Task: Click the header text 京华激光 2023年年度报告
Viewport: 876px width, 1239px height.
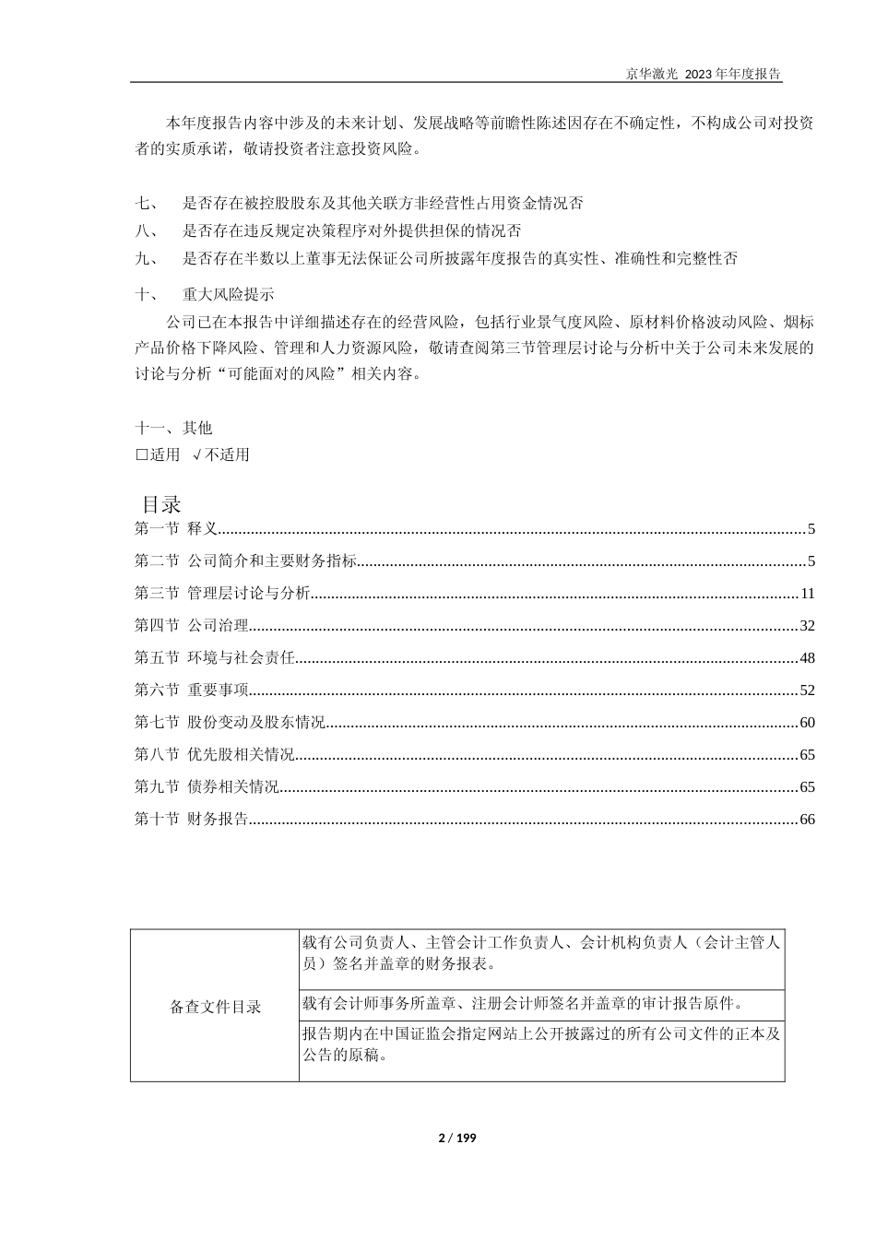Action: click(704, 75)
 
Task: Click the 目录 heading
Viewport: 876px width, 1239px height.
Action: click(161, 504)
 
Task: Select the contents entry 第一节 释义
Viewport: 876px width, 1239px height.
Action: click(176, 529)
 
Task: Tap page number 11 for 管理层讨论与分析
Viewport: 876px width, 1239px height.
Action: click(808, 594)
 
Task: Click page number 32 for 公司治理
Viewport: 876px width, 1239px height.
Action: click(807, 626)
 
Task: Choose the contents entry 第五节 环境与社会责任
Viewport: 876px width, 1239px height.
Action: click(215, 658)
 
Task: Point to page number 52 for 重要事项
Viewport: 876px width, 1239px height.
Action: click(807, 690)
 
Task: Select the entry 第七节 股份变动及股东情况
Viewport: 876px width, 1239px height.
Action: click(230, 723)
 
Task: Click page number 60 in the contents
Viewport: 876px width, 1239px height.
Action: click(807, 723)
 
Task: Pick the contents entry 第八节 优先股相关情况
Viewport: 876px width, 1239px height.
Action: click(215, 755)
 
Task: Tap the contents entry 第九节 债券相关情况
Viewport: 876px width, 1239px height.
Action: click(207, 787)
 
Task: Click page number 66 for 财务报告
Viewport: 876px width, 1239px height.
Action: click(807, 820)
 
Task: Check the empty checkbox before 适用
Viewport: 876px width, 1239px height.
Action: click(141, 454)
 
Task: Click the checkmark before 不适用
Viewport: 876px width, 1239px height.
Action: click(197, 454)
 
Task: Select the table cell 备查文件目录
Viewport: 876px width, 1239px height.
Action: click(216, 1007)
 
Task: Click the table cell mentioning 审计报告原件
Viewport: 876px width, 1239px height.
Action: click(522, 1003)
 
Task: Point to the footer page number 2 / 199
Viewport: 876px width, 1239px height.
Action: click(456, 1138)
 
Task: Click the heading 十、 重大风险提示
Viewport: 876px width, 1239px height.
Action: click(205, 295)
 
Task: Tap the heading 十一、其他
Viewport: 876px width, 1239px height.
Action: click(173, 428)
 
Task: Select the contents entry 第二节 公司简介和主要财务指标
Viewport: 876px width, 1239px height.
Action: click(245, 561)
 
